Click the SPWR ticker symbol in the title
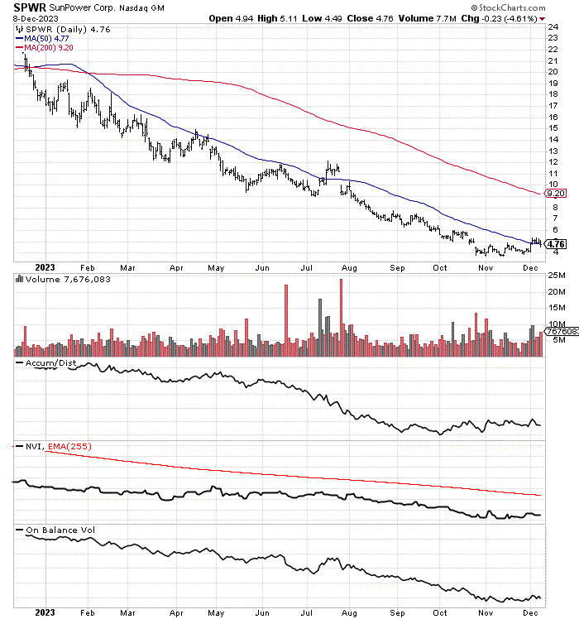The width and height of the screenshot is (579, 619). coord(29,7)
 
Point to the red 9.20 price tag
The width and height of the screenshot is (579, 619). coord(554,194)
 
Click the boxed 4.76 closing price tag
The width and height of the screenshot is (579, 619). coord(557,244)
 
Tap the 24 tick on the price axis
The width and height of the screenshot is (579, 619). coord(554,26)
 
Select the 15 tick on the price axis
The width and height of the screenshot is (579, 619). coord(554,127)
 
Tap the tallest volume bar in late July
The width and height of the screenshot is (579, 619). coord(340,318)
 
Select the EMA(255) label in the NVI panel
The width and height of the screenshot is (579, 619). coord(71,447)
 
